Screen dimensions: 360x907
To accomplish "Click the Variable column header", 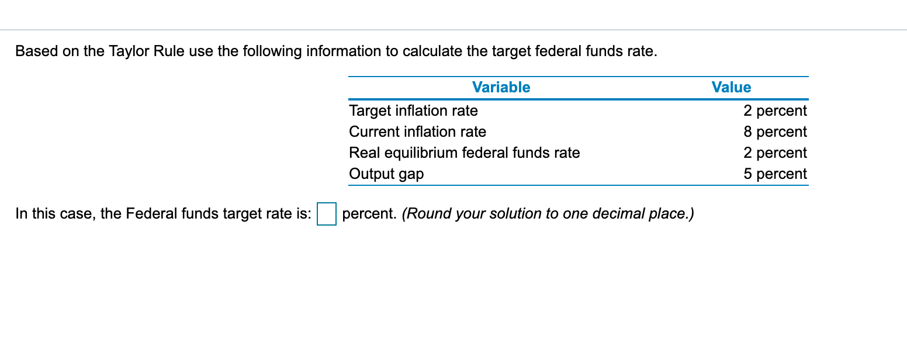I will pos(501,88).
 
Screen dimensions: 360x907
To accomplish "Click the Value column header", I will pos(731,88).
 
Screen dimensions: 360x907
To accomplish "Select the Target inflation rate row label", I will pos(413,110).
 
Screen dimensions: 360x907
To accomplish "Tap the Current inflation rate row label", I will pos(417,131).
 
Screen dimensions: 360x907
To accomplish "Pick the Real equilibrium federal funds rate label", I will pos(464,153).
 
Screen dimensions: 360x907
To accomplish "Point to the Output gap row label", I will pos(386,174).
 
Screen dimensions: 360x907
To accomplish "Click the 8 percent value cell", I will pos(775,131).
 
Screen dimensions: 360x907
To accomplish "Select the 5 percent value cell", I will pos(775,174).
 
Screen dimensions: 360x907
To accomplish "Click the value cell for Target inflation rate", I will pos(775,110).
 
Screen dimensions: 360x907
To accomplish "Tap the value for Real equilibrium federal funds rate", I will pos(775,153).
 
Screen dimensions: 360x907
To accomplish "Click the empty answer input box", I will pos(326,214).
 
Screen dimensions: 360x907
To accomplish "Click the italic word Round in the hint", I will pos(425,214).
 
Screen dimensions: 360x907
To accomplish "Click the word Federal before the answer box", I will pos(150,214).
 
